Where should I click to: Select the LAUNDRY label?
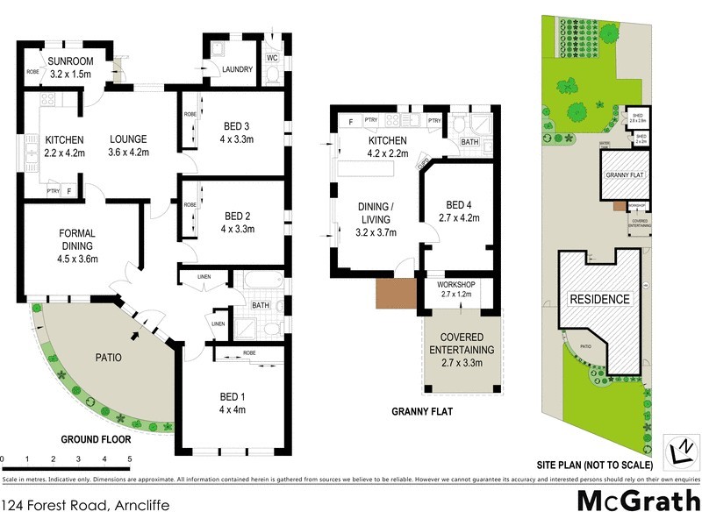(x=237, y=70)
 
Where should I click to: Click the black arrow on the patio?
(x=134, y=335)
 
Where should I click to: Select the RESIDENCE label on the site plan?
(x=600, y=299)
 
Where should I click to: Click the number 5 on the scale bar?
(x=129, y=459)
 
